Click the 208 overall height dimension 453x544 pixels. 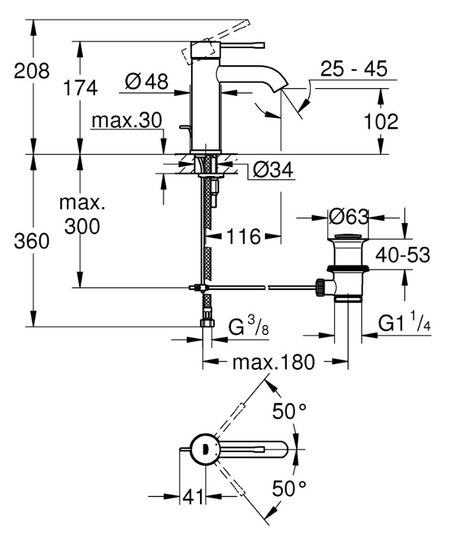(x=32, y=71)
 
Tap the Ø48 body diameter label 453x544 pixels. (x=146, y=82)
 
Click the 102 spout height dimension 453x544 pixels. (x=381, y=121)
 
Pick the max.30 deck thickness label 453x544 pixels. (x=127, y=120)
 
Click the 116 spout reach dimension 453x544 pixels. (x=244, y=237)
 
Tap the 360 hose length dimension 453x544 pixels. (x=32, y=241)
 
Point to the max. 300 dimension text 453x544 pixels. (x=82, y=215)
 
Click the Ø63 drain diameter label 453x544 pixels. (x=349, y=217)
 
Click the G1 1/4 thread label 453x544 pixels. (x=405, y=324)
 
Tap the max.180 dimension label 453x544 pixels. (x=273, y=363)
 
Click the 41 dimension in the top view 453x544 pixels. (x=194, y=497)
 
